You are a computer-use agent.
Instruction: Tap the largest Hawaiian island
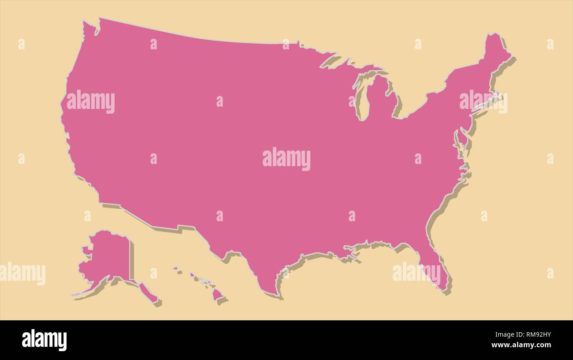pos(217,294)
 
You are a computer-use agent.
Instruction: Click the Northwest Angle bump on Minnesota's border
pos(299,43)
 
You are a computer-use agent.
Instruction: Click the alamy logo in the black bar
pos(44,340)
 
